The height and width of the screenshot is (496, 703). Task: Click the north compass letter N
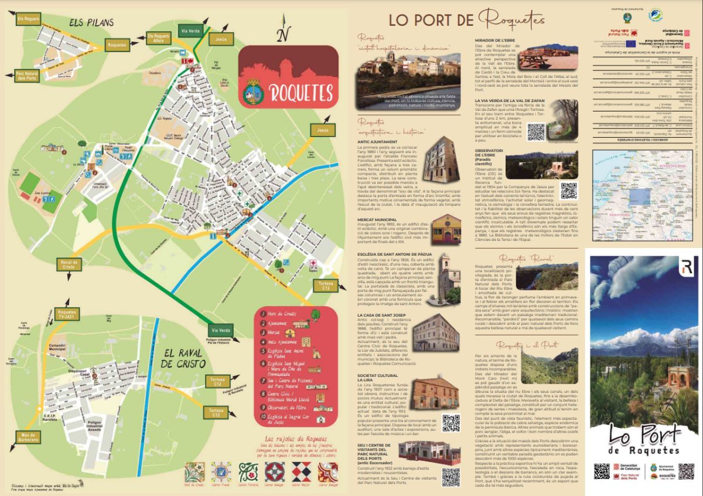pyautogui.click(x=284, y=36)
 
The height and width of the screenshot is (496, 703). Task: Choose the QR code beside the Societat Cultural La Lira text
pyautogui.click(x=451, y=423)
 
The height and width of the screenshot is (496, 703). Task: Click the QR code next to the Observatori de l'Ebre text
pyautogui.click(x=569, y=191)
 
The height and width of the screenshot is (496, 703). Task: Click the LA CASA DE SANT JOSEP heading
pyautogui.click(x=381, y=315)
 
